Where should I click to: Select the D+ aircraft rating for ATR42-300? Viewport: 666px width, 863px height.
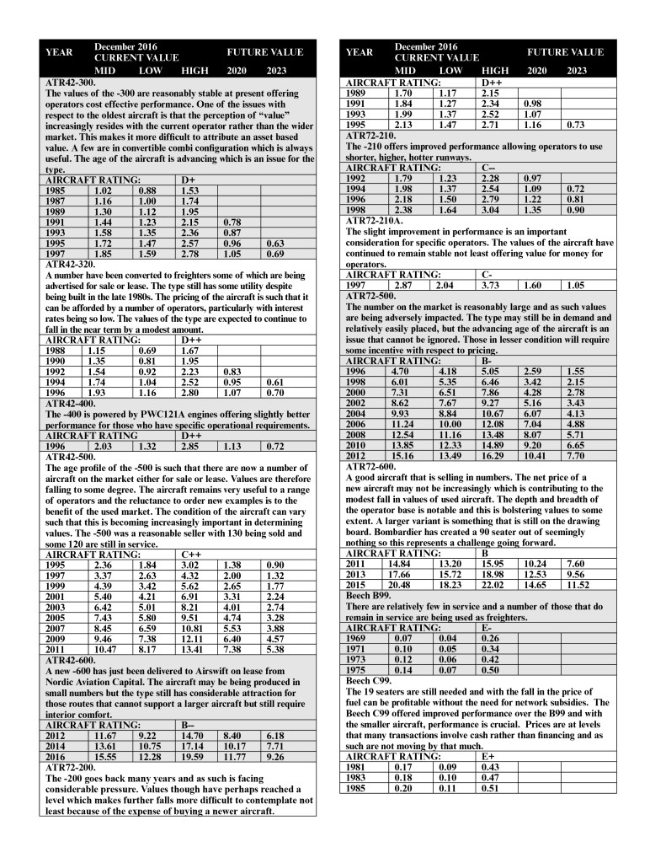coord(189,180)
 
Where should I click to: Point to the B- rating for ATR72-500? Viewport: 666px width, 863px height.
coord(487,360)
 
